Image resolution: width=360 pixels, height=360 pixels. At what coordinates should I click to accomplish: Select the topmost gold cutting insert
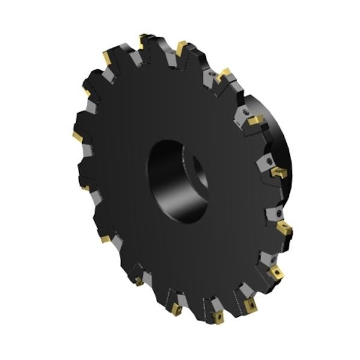145,41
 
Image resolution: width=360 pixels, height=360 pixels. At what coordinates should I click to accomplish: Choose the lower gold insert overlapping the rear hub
278,172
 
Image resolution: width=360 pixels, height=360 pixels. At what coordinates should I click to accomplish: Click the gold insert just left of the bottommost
179,310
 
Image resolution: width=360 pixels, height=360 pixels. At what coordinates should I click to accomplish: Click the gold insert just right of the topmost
182,46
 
